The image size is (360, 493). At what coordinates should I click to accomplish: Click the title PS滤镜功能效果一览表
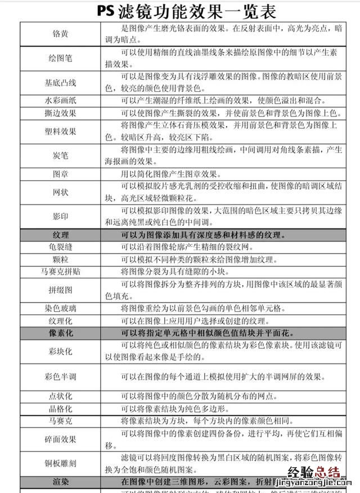pos(180,11)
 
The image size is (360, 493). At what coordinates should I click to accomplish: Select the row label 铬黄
pos(61,33)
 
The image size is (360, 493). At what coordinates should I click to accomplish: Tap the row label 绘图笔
pos(61,58)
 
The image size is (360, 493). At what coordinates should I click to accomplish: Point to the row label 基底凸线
pos(61,83)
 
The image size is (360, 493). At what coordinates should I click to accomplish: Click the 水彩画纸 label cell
pos(61,101)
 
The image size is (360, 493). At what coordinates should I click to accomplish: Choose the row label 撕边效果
pos(61,113)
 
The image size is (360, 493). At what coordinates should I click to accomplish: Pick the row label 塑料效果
pos(61,131)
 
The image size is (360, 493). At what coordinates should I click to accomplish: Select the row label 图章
pos(61,174)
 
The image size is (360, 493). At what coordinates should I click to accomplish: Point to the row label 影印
pos(61,217)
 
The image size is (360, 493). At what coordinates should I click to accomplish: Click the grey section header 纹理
pos(61,235)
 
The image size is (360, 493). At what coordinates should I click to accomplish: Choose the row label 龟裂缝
pos(61,247)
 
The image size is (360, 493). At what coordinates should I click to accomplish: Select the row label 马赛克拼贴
pos(61,271)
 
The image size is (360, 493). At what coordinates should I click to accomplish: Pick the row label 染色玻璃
pos(61,308)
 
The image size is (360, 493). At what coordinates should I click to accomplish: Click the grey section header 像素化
pos(61,333)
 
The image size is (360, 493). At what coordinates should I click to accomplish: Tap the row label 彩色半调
pos(61,376)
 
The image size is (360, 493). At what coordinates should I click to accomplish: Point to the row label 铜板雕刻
pos(61,463)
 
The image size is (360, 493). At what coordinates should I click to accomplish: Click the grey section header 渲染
pos(61,482)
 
